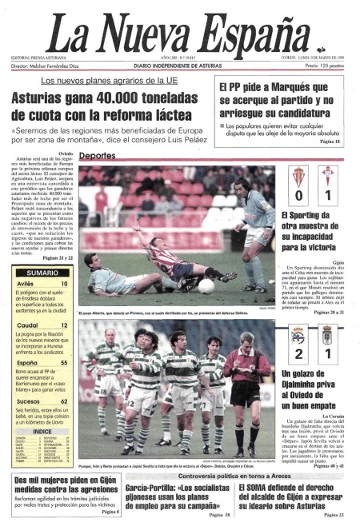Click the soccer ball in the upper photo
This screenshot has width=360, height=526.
point(206,285)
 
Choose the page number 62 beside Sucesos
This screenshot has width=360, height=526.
point(63,401)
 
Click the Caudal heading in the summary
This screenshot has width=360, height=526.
point(30,326)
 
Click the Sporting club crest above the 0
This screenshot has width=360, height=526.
point(298,173)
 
